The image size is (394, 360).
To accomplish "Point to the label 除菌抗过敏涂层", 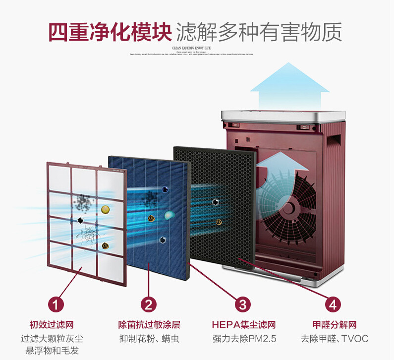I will tap(149, 325).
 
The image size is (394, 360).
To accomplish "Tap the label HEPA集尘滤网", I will tap(243, 325).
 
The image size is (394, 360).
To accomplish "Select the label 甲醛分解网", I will tap(335, 325).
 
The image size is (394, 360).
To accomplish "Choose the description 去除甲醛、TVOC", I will tap(335, 339).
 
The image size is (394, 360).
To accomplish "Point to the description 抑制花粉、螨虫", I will tap(149, 339).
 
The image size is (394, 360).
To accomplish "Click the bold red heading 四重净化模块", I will tap(110, 32).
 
